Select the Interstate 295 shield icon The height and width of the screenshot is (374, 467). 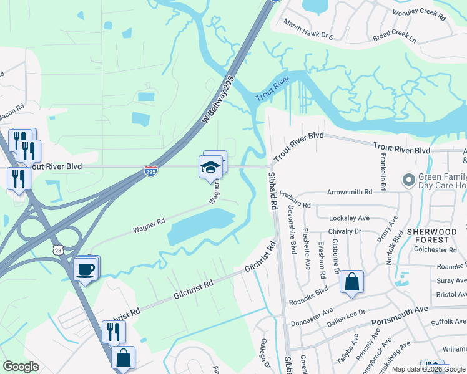[x=150, y=170]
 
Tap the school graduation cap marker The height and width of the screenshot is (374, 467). [x=211, y=166]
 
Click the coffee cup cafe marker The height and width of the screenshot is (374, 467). [x=85, y=269]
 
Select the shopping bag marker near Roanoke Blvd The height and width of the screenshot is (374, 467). [x=351, y=281]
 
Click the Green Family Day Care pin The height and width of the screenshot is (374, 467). [x=409, y=180]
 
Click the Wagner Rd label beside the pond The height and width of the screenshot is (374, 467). [x=148, y=226]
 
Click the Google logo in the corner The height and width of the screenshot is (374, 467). [x=21, y=367]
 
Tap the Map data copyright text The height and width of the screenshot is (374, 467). [x=429, y=369]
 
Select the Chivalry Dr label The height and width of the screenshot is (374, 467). [x=349, y=231]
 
